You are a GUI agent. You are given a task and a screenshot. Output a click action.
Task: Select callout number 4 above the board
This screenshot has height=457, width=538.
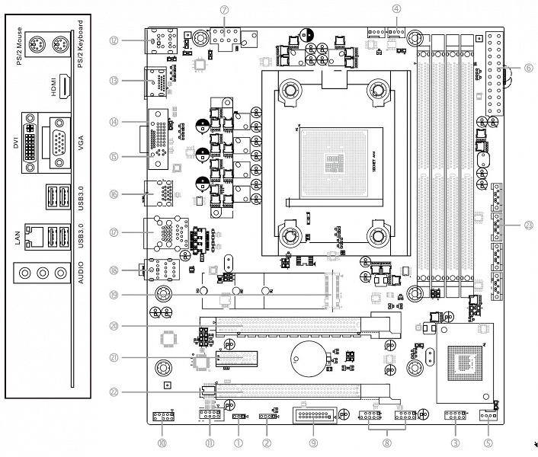pyautogui.click(x=397, y=8)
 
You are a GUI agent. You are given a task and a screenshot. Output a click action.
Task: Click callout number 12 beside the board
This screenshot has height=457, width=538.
pyautogui.click(x=114, y=40)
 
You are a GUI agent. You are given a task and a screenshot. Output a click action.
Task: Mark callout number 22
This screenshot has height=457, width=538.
pyautogui.click(x=114, y=392)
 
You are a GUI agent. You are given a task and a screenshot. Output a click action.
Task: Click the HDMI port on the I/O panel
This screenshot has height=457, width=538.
pyautogui.click(x=65, y=89)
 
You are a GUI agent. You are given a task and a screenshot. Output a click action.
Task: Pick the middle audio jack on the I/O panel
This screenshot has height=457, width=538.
pyautogui.click(x=43, y=272)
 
